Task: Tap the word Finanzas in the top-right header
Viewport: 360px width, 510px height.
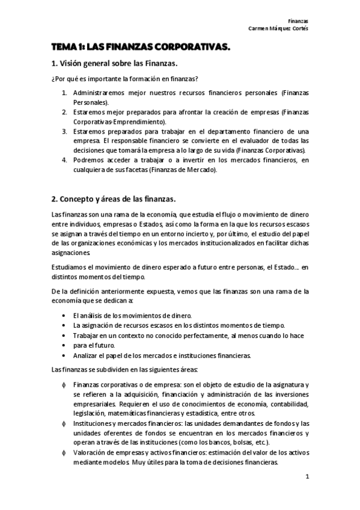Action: point(299,20)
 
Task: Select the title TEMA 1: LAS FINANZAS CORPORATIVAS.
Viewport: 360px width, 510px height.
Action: point(141,46)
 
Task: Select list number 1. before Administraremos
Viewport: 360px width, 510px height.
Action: point(65,93)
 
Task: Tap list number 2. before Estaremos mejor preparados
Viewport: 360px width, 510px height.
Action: point(65,112)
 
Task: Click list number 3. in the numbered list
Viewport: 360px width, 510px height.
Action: point(65,131)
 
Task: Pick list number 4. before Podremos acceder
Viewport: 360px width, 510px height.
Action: point(65,159)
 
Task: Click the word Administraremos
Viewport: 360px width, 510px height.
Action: point(99,93)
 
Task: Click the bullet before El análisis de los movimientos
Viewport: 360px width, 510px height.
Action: point(64,316)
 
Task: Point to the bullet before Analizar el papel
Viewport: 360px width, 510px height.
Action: point(64,355)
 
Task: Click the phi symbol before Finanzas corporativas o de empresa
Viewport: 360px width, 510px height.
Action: point(64,384)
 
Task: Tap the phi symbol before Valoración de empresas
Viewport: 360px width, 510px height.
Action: point(64,452)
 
